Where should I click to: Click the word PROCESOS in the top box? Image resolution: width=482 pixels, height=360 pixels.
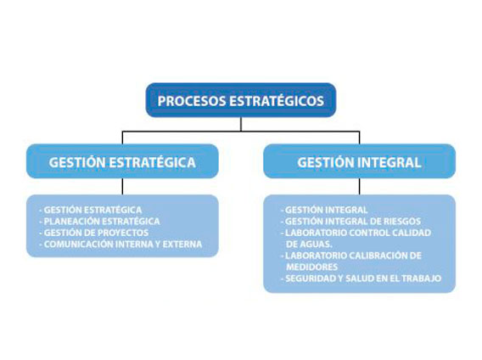tap(193, 101)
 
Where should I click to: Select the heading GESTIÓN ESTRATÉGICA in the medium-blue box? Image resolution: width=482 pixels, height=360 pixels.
tap(122, 162)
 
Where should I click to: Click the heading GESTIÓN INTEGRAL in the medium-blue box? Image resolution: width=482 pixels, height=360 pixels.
tap(359, 162)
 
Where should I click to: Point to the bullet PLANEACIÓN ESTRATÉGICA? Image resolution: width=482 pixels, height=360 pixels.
tap(99, 222)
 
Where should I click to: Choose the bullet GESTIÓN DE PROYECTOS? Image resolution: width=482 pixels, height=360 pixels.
tap(94, 233)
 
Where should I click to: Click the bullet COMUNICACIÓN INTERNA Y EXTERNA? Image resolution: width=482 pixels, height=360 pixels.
tap(120, 245)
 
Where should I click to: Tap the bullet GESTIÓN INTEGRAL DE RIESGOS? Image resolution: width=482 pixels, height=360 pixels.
tap(350, 222)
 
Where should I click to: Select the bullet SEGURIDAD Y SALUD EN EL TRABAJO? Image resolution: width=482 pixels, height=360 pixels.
tap(361, 278)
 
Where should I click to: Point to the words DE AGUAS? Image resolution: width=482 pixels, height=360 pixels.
tap(309, 245)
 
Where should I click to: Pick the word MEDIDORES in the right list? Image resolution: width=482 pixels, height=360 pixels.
tap(312, 267)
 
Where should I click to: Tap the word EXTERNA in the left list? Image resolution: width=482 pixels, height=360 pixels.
tap(182, 245)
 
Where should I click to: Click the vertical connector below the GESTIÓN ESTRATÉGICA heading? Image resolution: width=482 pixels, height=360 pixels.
tap(122, 187)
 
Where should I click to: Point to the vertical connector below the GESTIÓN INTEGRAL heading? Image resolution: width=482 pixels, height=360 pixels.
tap(359, 187)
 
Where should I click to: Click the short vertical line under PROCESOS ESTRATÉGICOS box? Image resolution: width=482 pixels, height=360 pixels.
tap(241, 124)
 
